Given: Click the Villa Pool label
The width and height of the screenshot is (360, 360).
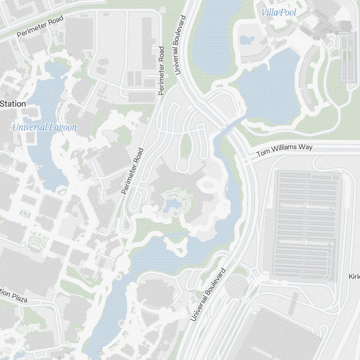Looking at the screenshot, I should click(279, 13).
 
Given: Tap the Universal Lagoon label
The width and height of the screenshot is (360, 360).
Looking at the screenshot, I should click(44, 127).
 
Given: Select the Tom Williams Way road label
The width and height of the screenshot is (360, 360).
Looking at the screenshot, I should click(284, 150).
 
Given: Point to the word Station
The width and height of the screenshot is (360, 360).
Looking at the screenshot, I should click(13, 104).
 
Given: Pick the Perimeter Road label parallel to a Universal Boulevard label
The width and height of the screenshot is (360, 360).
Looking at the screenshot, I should click(161, 71).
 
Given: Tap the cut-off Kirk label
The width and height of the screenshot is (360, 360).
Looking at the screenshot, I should click(354, 276).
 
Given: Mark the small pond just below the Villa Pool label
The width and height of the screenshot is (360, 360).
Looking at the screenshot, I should click(247, 40).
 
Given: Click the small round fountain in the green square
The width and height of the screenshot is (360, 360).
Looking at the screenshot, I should click(24, 214).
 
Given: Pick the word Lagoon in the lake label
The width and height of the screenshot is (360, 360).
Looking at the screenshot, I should click(63, 127).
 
